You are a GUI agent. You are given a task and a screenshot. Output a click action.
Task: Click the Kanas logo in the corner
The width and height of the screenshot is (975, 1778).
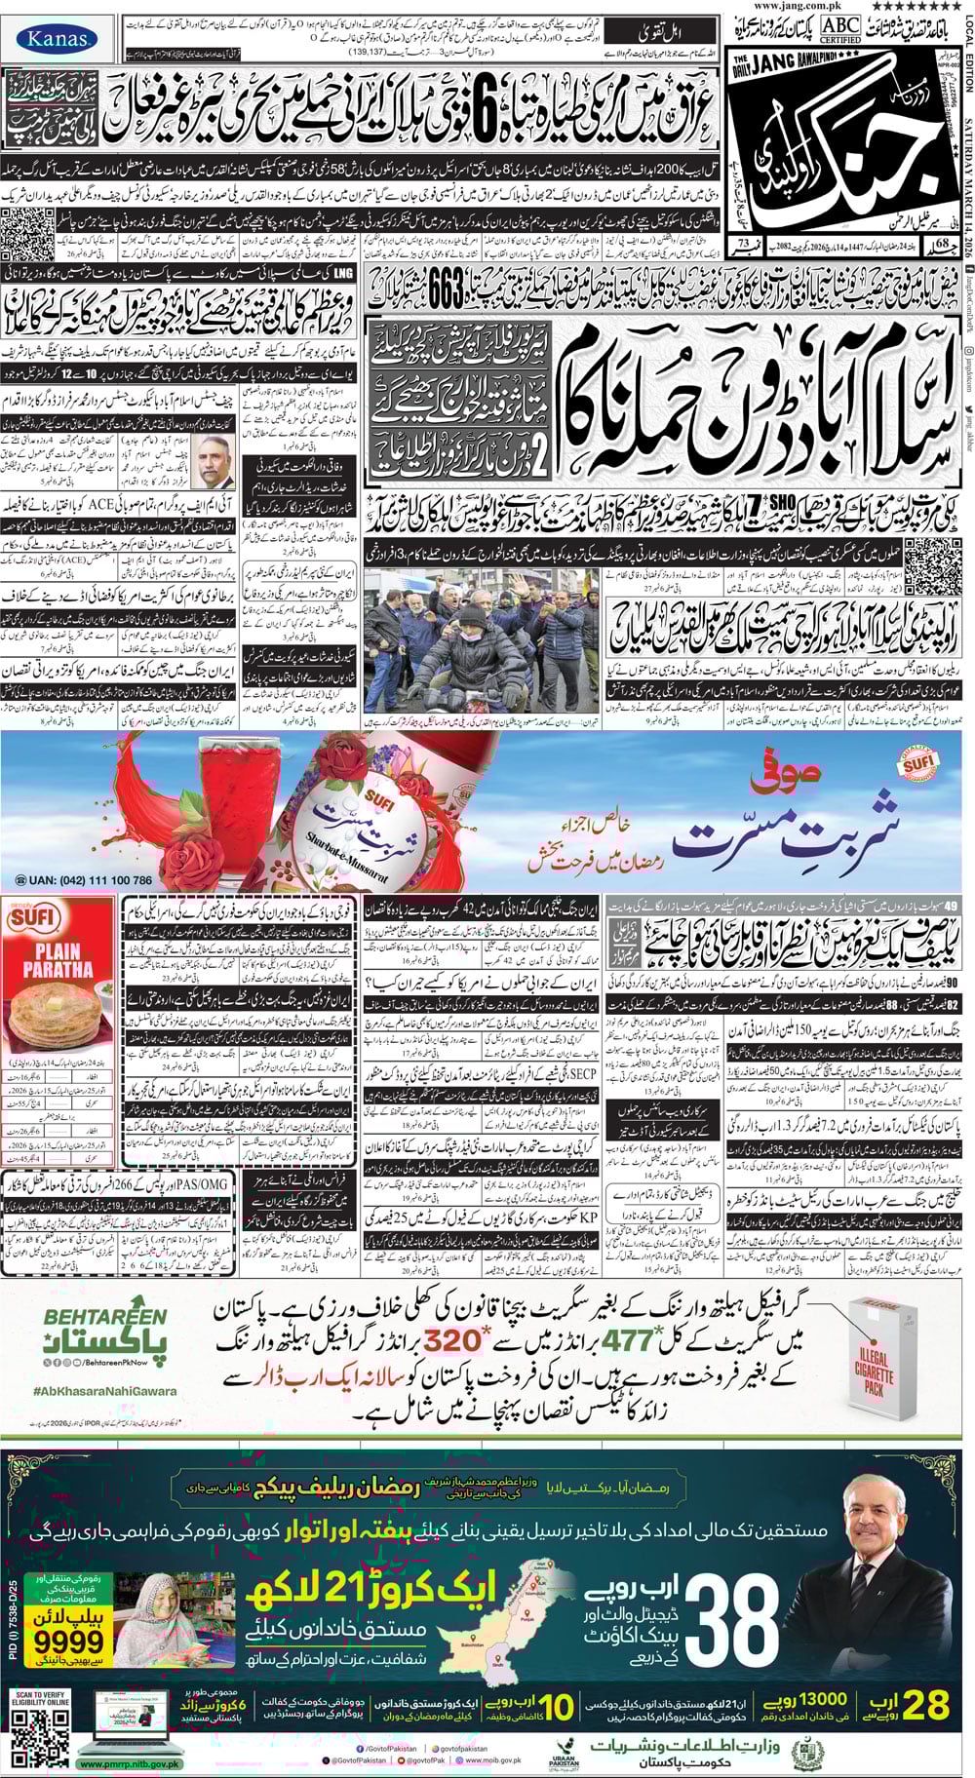pos(58,39)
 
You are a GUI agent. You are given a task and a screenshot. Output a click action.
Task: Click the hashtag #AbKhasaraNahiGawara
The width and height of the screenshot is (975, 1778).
pos(104,1391)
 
